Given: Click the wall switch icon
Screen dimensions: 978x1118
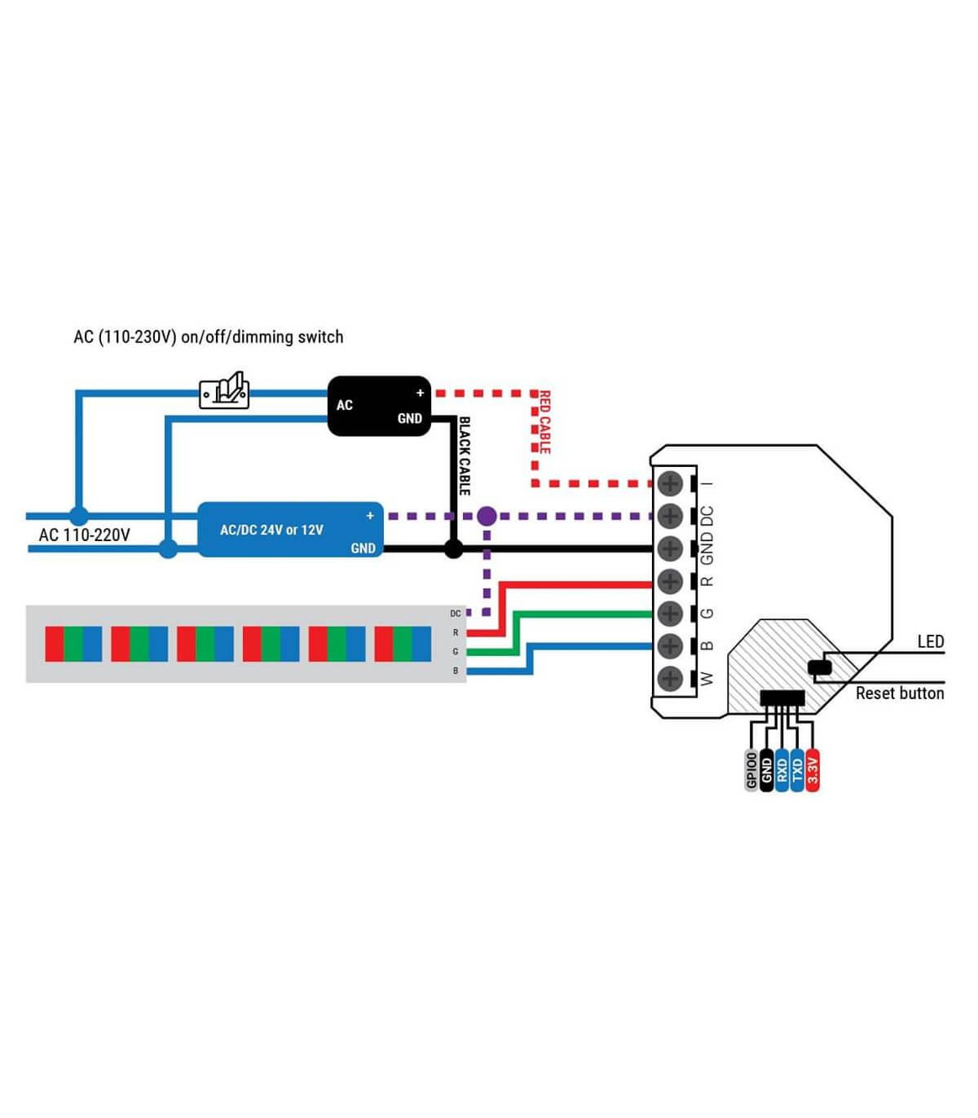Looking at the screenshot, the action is [224, 390].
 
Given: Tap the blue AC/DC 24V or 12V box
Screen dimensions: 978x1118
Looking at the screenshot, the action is [290, 530].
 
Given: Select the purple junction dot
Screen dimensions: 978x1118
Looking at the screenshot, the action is [487, 516].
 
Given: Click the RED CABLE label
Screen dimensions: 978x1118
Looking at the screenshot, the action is [544, 422].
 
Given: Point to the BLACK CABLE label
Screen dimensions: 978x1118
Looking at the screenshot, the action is [465, 456].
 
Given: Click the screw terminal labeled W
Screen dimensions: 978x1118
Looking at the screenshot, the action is [670, 679].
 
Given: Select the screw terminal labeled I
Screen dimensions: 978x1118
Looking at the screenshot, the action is [670, 483].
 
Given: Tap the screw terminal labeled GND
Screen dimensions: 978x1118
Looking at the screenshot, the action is [670, 548].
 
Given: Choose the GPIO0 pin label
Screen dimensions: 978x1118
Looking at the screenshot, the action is [751, 771].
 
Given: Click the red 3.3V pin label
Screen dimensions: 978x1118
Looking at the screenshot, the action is [813, 771].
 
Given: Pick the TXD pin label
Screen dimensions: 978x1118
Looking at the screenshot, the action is [797, 771].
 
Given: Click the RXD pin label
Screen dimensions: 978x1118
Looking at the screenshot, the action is [782, 771].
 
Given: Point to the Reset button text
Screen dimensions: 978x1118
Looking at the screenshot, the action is [899, 693].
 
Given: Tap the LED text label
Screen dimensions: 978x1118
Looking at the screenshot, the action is [931, 641].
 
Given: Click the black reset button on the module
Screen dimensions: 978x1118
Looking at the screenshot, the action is [820, 667].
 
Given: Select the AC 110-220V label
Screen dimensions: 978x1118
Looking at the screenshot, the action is [85, 535].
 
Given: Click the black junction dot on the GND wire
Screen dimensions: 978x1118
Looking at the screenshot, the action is [453, 548].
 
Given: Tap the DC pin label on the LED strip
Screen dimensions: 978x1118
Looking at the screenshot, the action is [455, 614].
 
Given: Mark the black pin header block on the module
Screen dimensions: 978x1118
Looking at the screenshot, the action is [782, 698].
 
